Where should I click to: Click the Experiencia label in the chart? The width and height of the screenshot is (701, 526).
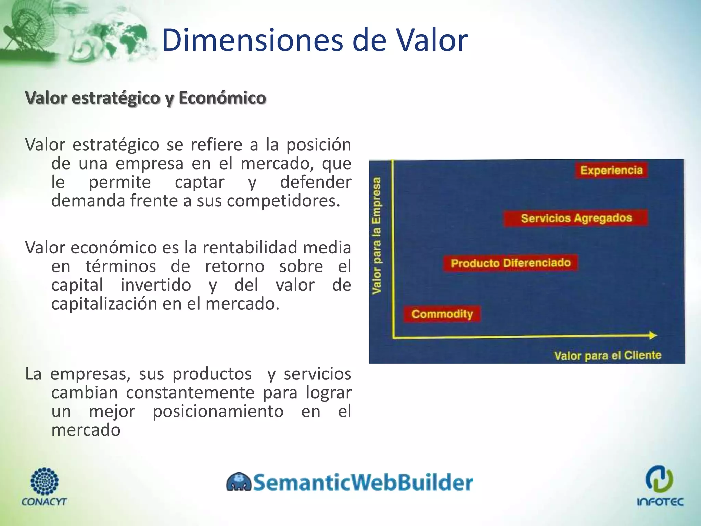point(611,170)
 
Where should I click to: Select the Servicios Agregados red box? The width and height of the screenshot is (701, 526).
point(576,218)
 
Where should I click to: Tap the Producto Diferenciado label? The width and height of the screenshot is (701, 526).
point(510,263)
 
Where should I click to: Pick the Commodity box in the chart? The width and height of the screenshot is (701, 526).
point(442,314)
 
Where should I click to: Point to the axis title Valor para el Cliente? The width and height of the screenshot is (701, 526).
point(608,355)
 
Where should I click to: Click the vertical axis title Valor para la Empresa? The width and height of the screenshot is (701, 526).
point(377,236)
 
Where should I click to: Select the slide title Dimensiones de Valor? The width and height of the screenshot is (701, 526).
point(314,40)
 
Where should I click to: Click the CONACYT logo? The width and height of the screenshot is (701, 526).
point(44,487)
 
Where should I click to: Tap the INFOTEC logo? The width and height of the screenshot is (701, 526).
point(660,486)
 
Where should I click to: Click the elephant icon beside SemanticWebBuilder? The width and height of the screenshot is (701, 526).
point(239,482)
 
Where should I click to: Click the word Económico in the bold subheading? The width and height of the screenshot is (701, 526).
point(222,98)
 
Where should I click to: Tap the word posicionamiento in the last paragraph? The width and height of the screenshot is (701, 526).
point(218,411)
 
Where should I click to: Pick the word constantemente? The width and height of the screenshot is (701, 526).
point(190,393)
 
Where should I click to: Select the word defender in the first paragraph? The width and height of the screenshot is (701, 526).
point(315,182)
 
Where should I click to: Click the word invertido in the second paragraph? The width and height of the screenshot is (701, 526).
point(156,285)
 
